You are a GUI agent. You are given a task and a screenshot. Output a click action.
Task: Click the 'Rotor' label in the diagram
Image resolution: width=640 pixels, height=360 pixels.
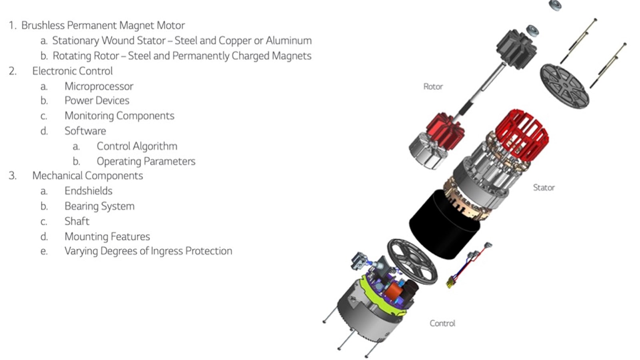(433, 86)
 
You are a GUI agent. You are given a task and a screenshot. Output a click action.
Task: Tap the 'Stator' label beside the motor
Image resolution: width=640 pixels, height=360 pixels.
(544, 188)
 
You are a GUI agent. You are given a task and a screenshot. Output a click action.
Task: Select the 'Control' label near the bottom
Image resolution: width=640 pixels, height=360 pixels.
(442, 323)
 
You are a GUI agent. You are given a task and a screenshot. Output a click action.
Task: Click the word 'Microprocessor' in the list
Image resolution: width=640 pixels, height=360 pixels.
(99, 86)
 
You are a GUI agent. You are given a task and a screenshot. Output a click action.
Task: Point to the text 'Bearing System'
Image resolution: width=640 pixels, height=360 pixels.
(99, 206)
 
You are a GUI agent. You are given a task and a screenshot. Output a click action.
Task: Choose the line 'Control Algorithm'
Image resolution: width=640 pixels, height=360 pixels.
(137, 146)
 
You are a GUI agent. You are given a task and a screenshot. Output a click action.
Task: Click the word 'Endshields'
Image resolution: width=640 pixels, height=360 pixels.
(88, 191)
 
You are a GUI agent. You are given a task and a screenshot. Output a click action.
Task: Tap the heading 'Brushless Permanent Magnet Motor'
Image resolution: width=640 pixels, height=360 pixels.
(103, 25)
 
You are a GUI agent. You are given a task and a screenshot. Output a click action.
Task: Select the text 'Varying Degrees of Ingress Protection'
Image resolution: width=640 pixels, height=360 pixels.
(148, 251)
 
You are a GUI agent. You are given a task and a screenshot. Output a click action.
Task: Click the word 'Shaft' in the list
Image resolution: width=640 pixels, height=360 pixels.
(77, 221)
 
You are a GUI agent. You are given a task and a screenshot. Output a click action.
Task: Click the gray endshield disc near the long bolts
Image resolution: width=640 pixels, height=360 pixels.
(564, 86)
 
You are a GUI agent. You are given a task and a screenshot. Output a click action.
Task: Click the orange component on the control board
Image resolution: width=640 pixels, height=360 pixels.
(394, 294)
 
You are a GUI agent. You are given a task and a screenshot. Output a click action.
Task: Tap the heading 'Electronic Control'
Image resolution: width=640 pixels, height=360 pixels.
(72, 71)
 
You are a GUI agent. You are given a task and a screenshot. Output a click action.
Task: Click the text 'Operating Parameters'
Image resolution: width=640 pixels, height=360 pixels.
(146, 161)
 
